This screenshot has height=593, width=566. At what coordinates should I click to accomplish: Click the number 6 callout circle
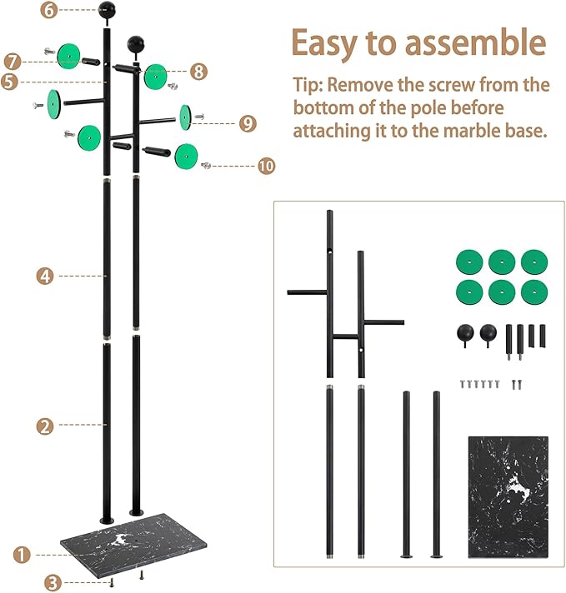coord(49,10)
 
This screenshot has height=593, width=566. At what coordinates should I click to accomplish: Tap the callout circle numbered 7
coord(12,61)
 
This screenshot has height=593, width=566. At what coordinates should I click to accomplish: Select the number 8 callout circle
coord(198,71)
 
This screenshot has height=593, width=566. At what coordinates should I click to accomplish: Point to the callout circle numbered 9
coord(247,122)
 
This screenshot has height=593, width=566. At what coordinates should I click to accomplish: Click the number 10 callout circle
coord(266,167)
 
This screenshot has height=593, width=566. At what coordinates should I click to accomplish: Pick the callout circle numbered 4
coord(45,276)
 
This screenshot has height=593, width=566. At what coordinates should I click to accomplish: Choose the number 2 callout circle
coord(45,426)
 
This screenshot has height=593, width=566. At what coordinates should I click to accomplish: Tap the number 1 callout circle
coord(23,553)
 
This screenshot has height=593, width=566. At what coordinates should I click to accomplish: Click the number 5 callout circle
coord(8,82)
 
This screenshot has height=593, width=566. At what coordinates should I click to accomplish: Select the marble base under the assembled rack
coord(123,546)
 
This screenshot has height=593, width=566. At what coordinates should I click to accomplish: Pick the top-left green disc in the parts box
coord(468,262)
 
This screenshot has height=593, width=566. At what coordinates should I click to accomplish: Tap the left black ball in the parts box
coord(462,334)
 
